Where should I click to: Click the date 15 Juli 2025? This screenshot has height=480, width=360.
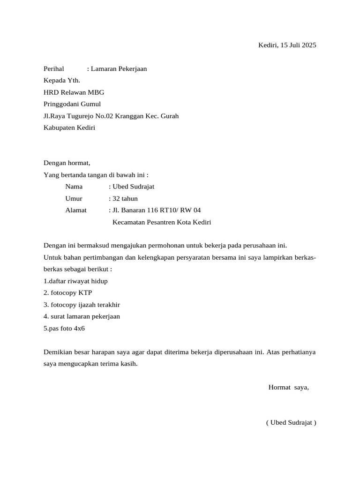point(298,45)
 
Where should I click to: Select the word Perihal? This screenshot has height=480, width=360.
point(53,69)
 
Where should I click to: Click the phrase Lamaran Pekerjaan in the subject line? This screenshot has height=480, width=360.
point(119,69)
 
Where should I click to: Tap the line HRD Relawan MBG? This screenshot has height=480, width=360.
point(74,92)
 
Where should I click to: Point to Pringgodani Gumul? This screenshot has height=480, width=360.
point(72,104)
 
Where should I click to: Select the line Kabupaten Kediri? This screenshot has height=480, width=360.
point(69,127)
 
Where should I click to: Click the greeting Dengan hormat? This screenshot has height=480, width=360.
point(67,163)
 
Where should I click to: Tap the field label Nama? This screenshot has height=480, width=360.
point(74,187)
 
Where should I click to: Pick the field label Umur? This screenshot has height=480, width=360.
point(74,198)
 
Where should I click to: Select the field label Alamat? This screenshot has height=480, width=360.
point(76,210)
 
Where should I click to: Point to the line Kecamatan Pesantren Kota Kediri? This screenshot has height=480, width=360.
point(162,222)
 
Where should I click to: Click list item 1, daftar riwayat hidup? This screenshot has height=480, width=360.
point(75,281)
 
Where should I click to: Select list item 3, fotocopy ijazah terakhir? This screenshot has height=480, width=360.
point(82,304)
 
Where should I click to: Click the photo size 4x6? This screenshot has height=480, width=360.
point(79,328)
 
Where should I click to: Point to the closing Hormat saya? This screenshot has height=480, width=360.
point(288,387)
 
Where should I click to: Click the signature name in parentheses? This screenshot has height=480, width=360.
point(291,422)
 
